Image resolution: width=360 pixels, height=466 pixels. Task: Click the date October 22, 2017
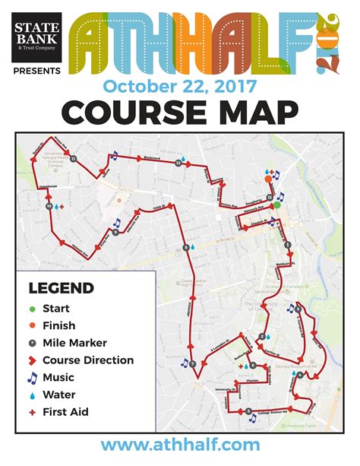tap(179, 85)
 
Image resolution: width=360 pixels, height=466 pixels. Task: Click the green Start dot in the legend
tap(32, 309)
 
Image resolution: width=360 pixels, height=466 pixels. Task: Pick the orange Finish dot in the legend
tap(32, 325)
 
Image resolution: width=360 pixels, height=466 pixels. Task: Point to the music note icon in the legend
tap(32, 377)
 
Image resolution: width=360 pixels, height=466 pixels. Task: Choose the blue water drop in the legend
tap(32, 395)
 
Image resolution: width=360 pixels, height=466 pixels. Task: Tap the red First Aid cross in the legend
tap(32, 411)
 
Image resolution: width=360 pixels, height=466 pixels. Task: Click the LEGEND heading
tap(61, 289)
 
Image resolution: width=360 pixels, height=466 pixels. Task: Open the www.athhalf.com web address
tap(180, 445)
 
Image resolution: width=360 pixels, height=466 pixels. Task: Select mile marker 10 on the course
tap(50, 205)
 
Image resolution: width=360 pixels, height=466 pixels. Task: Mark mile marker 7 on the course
tap(193, 365)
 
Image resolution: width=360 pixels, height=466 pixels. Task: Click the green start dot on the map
tap(277, 204)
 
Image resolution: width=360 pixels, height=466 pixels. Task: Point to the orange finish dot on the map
tap(267, 179)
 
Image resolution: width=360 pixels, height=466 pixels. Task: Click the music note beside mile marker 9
tap(117, 223)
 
